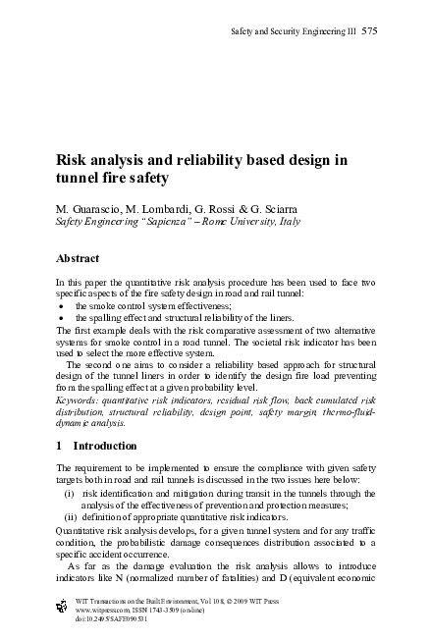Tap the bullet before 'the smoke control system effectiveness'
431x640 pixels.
click(x=62, y=304)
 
